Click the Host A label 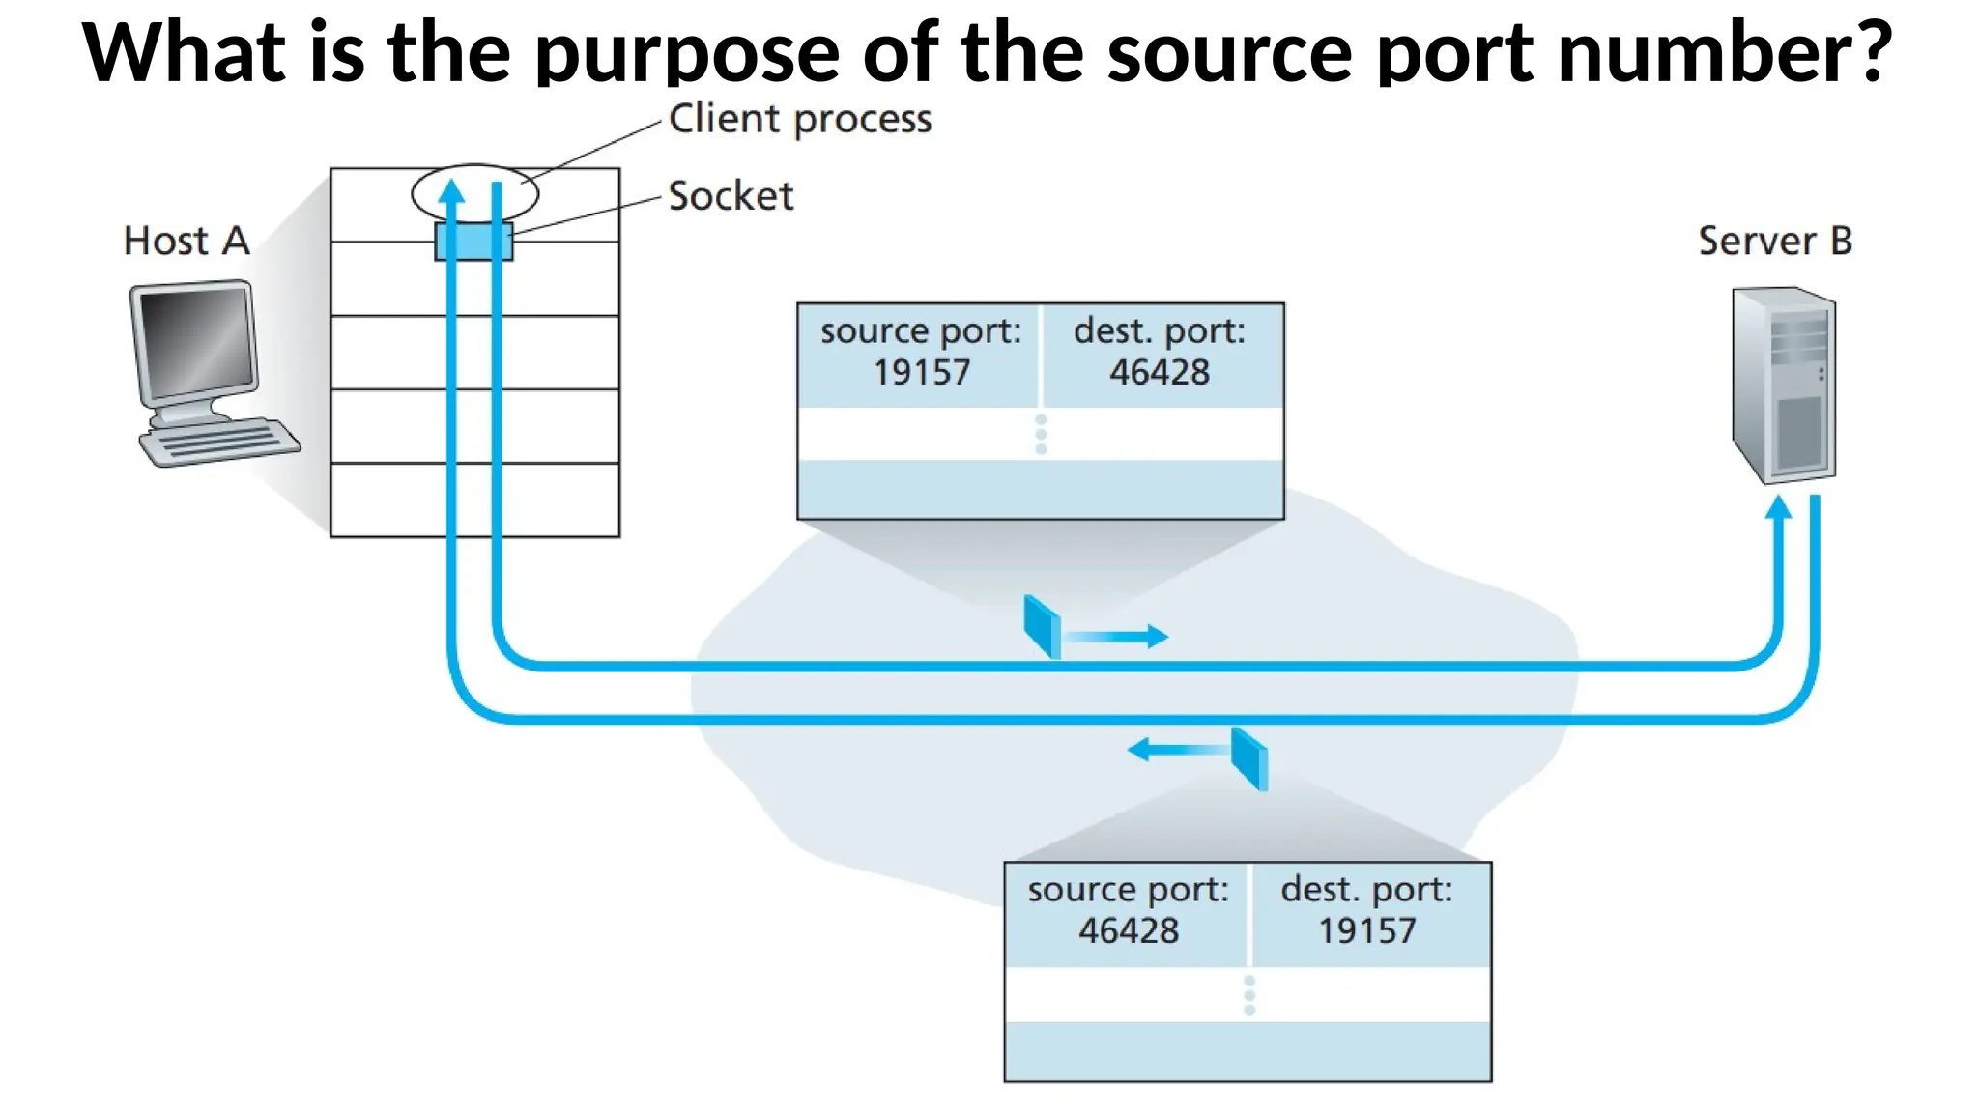pyautogui.click(x=186, y=241)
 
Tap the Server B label pyautogui.click(x=1774, y=241)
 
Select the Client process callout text pyautogui.click(x=799, y=119)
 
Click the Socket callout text pyautogui.click(x=731, y=196)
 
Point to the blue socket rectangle pyautogui.click(x=473, y=242)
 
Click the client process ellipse pyautogui.click(x=474, y=193)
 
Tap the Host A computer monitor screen pyautogui.click(x=196, y=343)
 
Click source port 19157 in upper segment pyautogui.click(x=920, y=353)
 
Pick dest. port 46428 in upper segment pyautogui.click(x=1159, y=353)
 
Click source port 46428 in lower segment pyautogui.click(x=1128, y=911)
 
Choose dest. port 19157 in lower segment pyautogui.click(x=1366, y=911)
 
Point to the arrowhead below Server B pyautogui.click(x=1778, y=507)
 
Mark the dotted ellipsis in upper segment pyautogui.click(x=1041, y=435)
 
